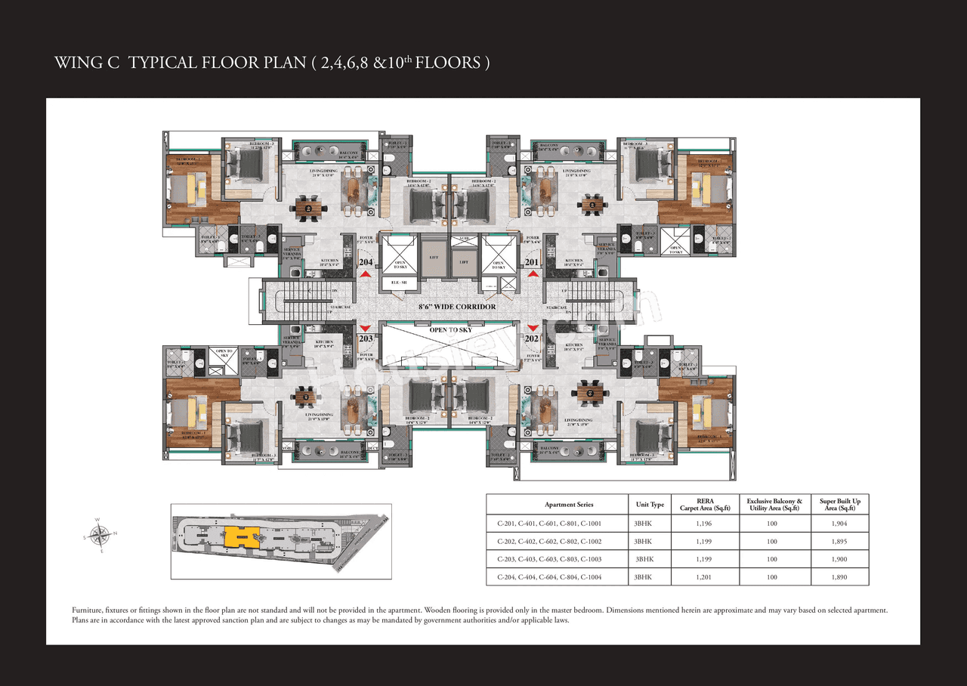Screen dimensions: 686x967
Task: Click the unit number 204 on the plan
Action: [x=365, y=262]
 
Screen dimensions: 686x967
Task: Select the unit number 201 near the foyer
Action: [x=533, y=262]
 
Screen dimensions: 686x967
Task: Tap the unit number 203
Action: [x=365, y=339]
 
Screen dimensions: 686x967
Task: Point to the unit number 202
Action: [x=532, y=339]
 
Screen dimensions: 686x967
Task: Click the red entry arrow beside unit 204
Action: [x=365, y=274]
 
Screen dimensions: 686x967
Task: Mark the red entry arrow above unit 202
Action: [x=533, y=328]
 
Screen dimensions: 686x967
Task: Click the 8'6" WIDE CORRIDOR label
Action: [x=458, y=307]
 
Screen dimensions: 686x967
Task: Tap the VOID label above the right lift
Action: [x=463, y=239]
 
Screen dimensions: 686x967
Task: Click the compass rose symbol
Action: [x=100, y=535]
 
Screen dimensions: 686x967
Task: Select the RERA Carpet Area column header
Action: [x=706, y=505]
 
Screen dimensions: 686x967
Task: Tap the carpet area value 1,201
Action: [x=706, y=577]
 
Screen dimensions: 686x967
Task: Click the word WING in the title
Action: [x=77, y=63]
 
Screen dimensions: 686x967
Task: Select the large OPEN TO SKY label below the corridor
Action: [x=450, y=330]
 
